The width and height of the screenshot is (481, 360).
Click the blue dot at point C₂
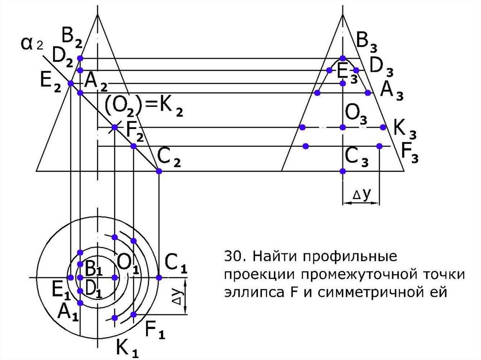159,171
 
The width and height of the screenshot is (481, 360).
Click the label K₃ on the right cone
404,128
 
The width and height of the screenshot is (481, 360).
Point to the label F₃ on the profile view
409,151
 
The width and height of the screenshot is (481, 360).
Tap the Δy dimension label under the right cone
360,194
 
